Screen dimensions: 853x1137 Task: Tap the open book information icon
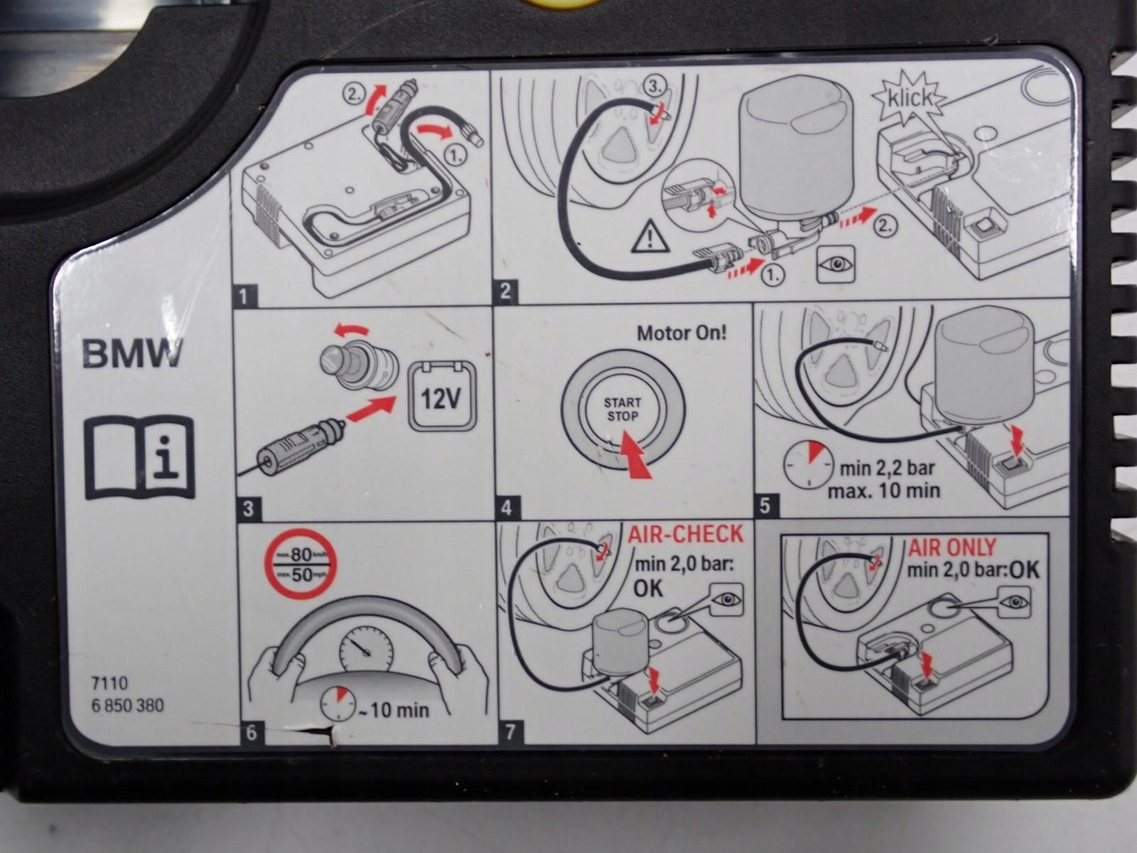[139, 458]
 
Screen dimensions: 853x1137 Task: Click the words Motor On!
[681, 333]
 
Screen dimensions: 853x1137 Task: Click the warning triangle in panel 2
[651, 237]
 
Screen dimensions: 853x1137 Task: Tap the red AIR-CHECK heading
[685, 535]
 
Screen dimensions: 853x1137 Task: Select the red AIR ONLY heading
[952, 547]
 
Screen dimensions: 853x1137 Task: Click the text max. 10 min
[883, 490]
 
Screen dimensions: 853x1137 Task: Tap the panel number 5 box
[766, 506]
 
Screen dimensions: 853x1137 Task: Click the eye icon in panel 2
[835, 264]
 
